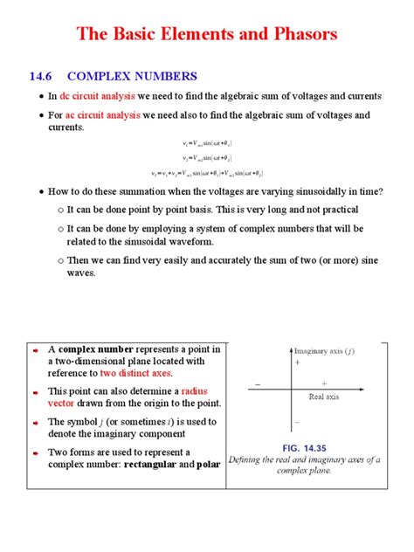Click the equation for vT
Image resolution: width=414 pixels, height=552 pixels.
click(x=207, y=174)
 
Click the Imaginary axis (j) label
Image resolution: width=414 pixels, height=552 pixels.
click(x=324, y=351)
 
